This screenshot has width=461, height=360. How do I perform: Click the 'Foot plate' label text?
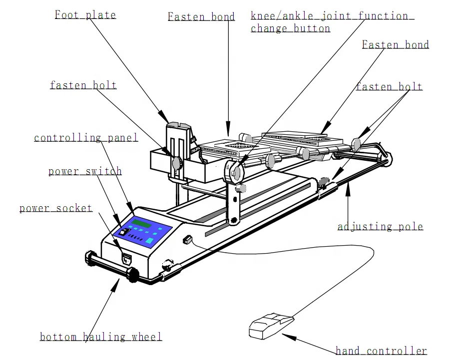85,14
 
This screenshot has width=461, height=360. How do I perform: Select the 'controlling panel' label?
86,138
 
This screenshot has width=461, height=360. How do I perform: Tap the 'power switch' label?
85,171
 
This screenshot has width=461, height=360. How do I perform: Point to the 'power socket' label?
56,208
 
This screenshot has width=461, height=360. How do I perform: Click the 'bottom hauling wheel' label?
101,337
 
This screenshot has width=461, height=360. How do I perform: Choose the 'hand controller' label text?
381,351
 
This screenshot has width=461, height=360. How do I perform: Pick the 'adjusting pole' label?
380,227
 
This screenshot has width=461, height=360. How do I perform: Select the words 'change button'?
290,28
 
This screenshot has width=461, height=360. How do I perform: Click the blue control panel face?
143,232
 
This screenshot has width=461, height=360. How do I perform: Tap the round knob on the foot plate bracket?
176,163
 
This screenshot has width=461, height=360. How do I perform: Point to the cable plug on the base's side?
187,240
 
